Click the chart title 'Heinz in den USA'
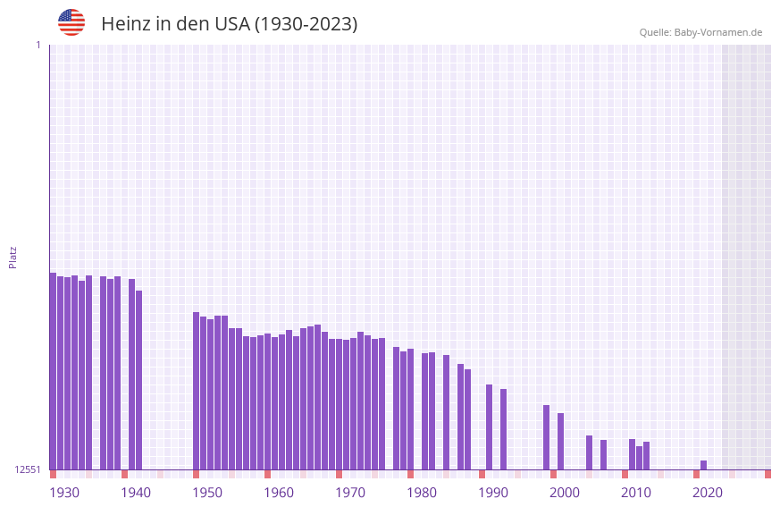229,24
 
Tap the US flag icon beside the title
71,22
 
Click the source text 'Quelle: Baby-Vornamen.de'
700,32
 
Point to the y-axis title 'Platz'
13,257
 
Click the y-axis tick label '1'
38,45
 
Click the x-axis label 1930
64,493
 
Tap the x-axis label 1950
207,493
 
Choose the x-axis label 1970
350,493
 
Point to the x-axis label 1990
493,493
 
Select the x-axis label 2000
565,493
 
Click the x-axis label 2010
636,493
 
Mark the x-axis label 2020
708,493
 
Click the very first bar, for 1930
53,371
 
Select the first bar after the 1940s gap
196,391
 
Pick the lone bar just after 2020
703,465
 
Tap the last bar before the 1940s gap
138,380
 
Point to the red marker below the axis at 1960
267,474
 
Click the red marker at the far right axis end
767,474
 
